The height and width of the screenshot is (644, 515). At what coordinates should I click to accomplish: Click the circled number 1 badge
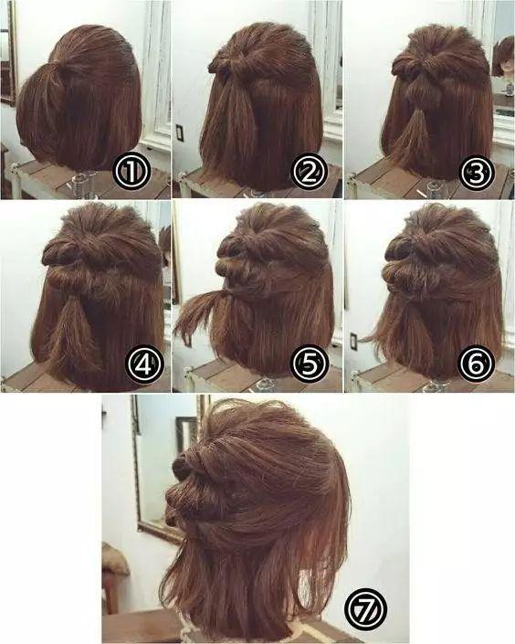[x=131, y=173]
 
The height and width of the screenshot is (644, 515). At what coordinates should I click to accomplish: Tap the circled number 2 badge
[x=310, y=173]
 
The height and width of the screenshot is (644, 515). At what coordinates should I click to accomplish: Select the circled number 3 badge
[x=477, y=173]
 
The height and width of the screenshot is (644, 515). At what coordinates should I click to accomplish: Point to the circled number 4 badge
[x=143, y=364]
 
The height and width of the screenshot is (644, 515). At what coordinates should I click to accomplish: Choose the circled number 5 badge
[x=310, y=364]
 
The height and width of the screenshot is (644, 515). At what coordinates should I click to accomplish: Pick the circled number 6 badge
[x=477, y=364]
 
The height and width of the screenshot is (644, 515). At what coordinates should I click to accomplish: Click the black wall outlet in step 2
[x=180, y=132]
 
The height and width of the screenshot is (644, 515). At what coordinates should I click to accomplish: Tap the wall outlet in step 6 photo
[x=354, y=342]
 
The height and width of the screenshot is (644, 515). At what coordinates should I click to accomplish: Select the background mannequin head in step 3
[x=503, y=58]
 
